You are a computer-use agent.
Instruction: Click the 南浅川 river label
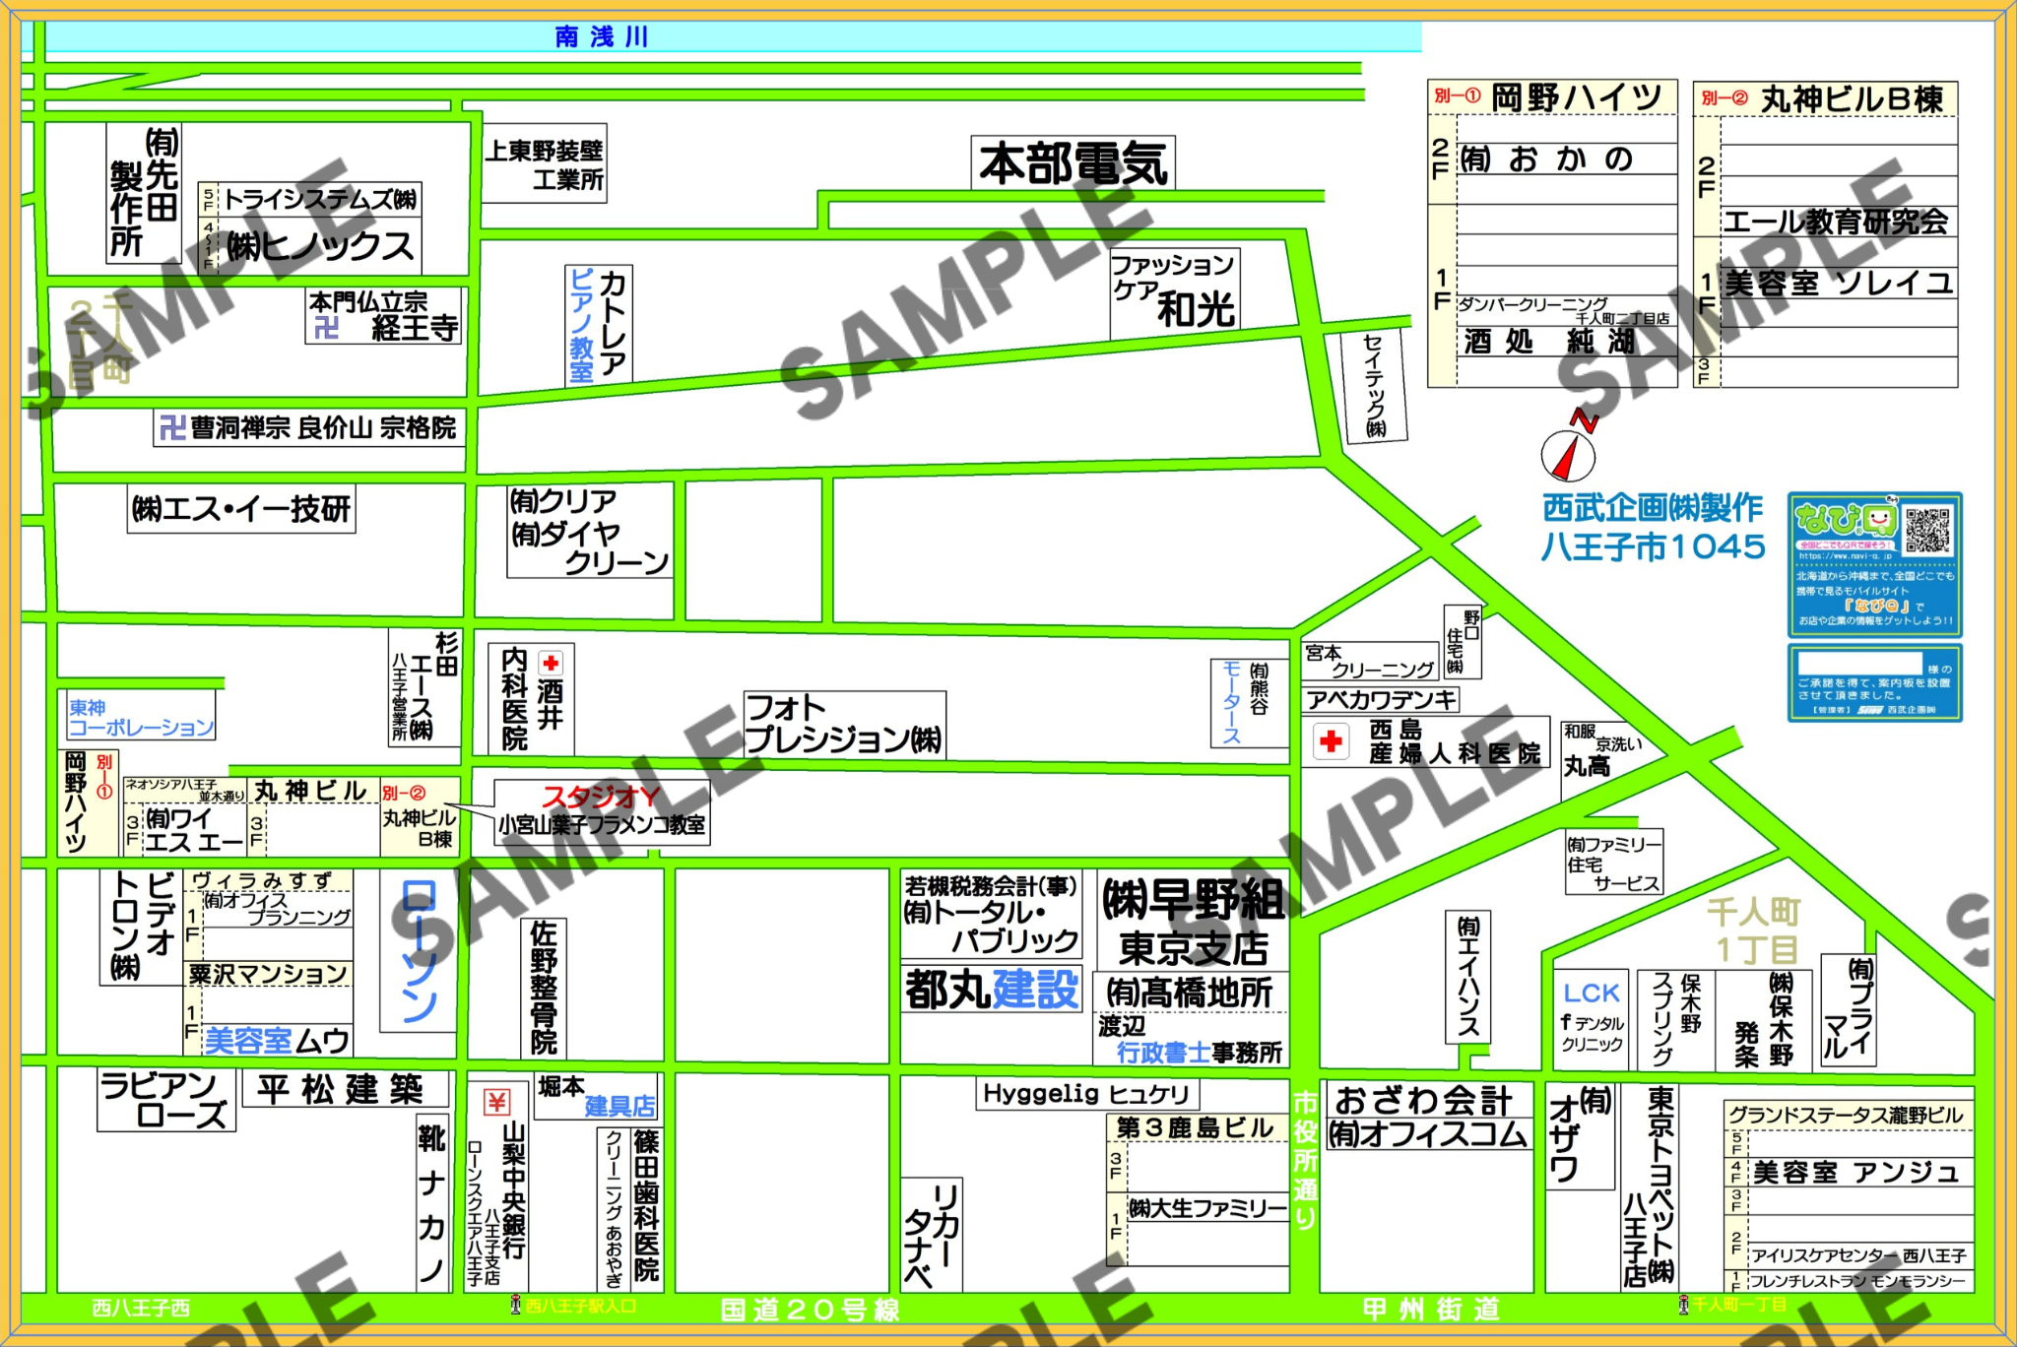[x=601, y=37]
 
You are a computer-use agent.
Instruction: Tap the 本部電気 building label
[x=1073, y=163]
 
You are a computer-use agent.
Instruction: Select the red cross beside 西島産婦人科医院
[x=1331, y=741]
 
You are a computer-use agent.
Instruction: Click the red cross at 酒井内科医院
[x=551, y=664]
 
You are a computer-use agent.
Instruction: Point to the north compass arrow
[x=1569, y=452]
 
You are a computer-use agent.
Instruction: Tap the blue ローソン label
[x=419, y=950]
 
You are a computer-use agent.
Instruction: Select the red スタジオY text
[x=600, y=797]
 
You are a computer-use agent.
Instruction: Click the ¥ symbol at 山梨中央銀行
[x=497, y=1102]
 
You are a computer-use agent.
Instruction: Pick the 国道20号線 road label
[x=810, y=1310]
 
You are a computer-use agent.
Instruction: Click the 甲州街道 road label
[x=1430, y=1310]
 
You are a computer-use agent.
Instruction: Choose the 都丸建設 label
[x=992, y=990]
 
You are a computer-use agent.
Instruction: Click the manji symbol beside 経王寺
[x=326, y=328]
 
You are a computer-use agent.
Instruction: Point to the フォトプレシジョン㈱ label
[x=843, y=724]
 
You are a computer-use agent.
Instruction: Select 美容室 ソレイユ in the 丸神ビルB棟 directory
[x=1838, y=284]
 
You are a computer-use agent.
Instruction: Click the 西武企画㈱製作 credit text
[x=1652, y=508]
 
